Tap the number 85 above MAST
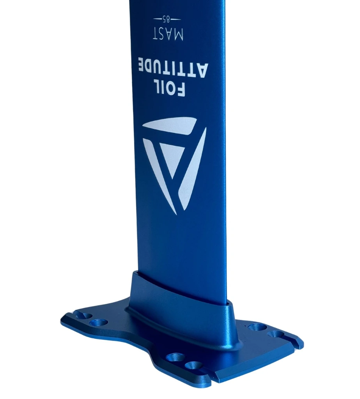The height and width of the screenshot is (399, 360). [x=167, y=19]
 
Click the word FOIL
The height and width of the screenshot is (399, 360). [x=169, y=88]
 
